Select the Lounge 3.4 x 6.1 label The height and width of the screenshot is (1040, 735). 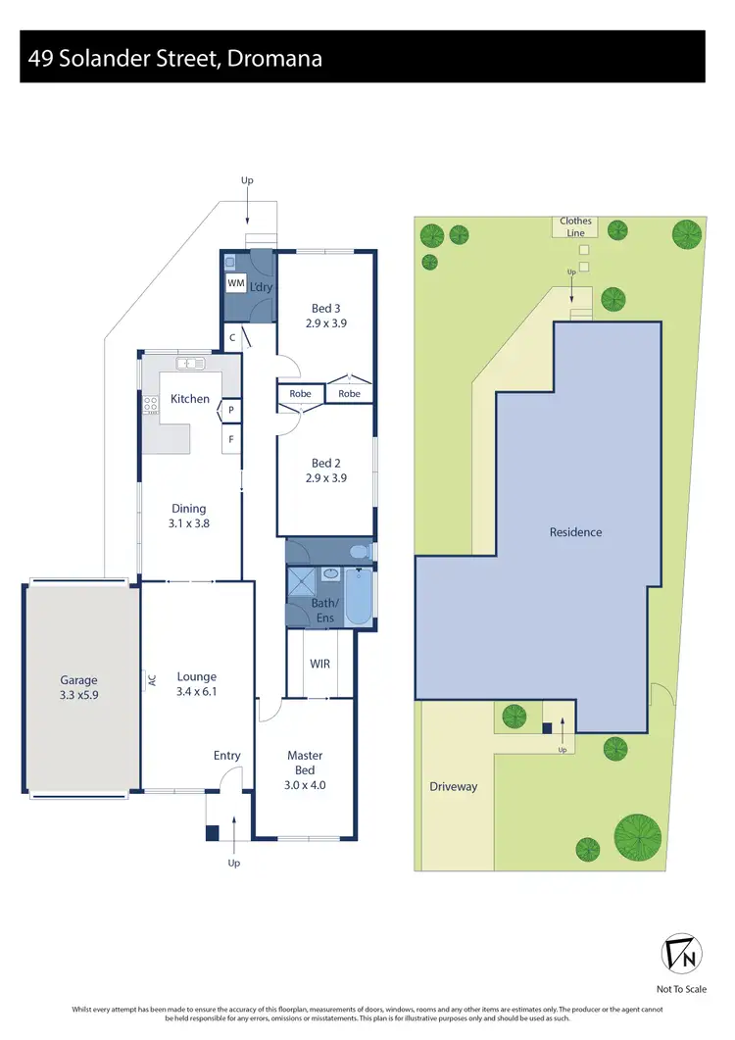coord(196,684)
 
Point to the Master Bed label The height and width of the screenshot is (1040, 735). coord(305,763)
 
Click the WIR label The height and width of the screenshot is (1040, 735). coord(319,664)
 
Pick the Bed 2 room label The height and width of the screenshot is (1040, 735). coord(326,470)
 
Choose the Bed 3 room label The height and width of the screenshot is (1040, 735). coord(326,315)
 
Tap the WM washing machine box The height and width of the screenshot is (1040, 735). coord(235,283)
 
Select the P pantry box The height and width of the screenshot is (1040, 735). coord(231,410)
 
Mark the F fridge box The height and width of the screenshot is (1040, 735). coord(231,438)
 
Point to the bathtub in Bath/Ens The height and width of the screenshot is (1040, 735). coord(359,595)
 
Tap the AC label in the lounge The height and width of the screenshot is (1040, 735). coord(152,678)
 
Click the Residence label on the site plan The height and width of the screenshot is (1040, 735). coord(575,532)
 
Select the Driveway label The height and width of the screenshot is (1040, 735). coord(453,786)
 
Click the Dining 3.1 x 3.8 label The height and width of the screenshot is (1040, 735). coord(189,516)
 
